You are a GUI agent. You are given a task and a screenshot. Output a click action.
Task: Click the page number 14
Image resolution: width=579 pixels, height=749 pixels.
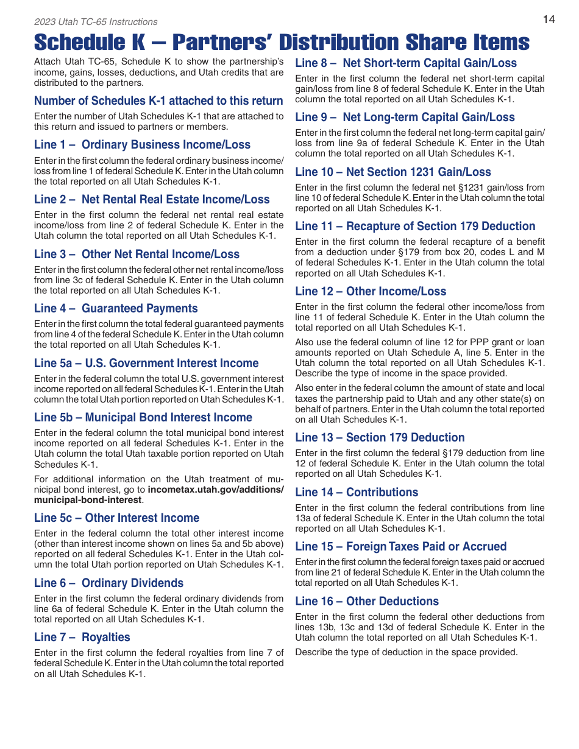click(x=549, y=19)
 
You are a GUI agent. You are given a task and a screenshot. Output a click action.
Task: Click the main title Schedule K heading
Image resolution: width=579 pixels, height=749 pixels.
click(x=282, y=42)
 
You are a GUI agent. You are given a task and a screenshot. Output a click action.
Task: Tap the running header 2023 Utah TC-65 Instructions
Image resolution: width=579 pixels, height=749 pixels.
click(x=96, y=22)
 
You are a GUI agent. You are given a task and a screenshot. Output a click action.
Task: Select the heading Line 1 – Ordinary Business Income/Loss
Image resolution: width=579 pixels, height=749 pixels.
click(x=142, y=145)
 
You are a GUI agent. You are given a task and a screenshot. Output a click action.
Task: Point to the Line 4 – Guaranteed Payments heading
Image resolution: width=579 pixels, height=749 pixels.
click(x=116, y=309)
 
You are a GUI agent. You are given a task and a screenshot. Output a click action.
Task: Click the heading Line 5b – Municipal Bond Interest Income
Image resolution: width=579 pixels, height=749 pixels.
click(x=143, y=418)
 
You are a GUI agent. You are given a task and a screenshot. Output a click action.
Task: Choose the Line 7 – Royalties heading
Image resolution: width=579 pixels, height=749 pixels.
click(x=82, y=638)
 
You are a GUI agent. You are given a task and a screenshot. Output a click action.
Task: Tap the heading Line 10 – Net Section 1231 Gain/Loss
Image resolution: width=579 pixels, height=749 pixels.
click(x=393, y=172)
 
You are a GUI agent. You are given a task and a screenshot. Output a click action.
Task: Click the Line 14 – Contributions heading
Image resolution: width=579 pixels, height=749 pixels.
click(x=357, y=493)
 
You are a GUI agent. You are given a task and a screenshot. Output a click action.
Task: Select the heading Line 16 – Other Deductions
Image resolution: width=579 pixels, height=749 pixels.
click(x=367, y=602)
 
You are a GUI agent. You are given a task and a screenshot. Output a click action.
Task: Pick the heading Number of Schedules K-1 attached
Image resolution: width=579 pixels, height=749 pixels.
click(x=158, y=101)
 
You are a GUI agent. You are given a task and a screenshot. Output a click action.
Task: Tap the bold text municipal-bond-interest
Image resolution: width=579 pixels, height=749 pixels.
click(x=88, y=500)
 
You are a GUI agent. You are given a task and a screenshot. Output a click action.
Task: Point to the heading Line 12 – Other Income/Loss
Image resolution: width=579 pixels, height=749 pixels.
click(x=371, y=292)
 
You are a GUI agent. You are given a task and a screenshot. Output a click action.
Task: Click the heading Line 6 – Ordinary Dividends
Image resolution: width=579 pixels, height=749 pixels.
click(x=108, y=583)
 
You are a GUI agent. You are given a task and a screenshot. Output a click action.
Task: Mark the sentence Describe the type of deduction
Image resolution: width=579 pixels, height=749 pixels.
click(x=406, y=652)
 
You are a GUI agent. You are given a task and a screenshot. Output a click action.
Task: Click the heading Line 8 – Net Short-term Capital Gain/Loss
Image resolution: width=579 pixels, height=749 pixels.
click(x=405, y=63)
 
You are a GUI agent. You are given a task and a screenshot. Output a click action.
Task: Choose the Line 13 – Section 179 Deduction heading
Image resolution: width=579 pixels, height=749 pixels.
click(x=380, y=438)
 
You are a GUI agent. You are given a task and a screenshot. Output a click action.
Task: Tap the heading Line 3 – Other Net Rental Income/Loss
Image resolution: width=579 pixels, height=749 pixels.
click(x=137, y=255)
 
